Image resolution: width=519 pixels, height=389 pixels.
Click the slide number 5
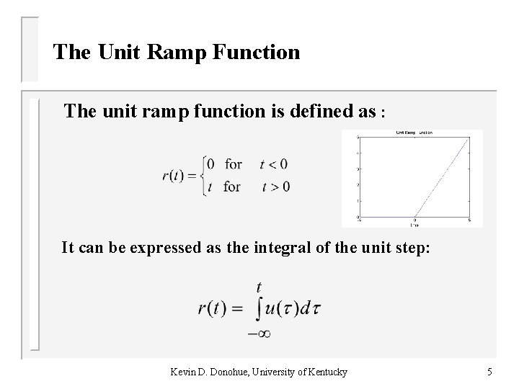pos(489,372)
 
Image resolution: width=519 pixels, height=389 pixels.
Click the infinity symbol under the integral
pos(259,333)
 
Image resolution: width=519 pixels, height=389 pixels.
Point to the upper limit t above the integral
pos(259,286)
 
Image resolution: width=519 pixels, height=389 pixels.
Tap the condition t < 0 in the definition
pos(275,164)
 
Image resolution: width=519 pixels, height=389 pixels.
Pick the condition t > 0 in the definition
pos(275,187)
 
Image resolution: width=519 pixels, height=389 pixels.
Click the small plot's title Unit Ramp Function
pos(412,133)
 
